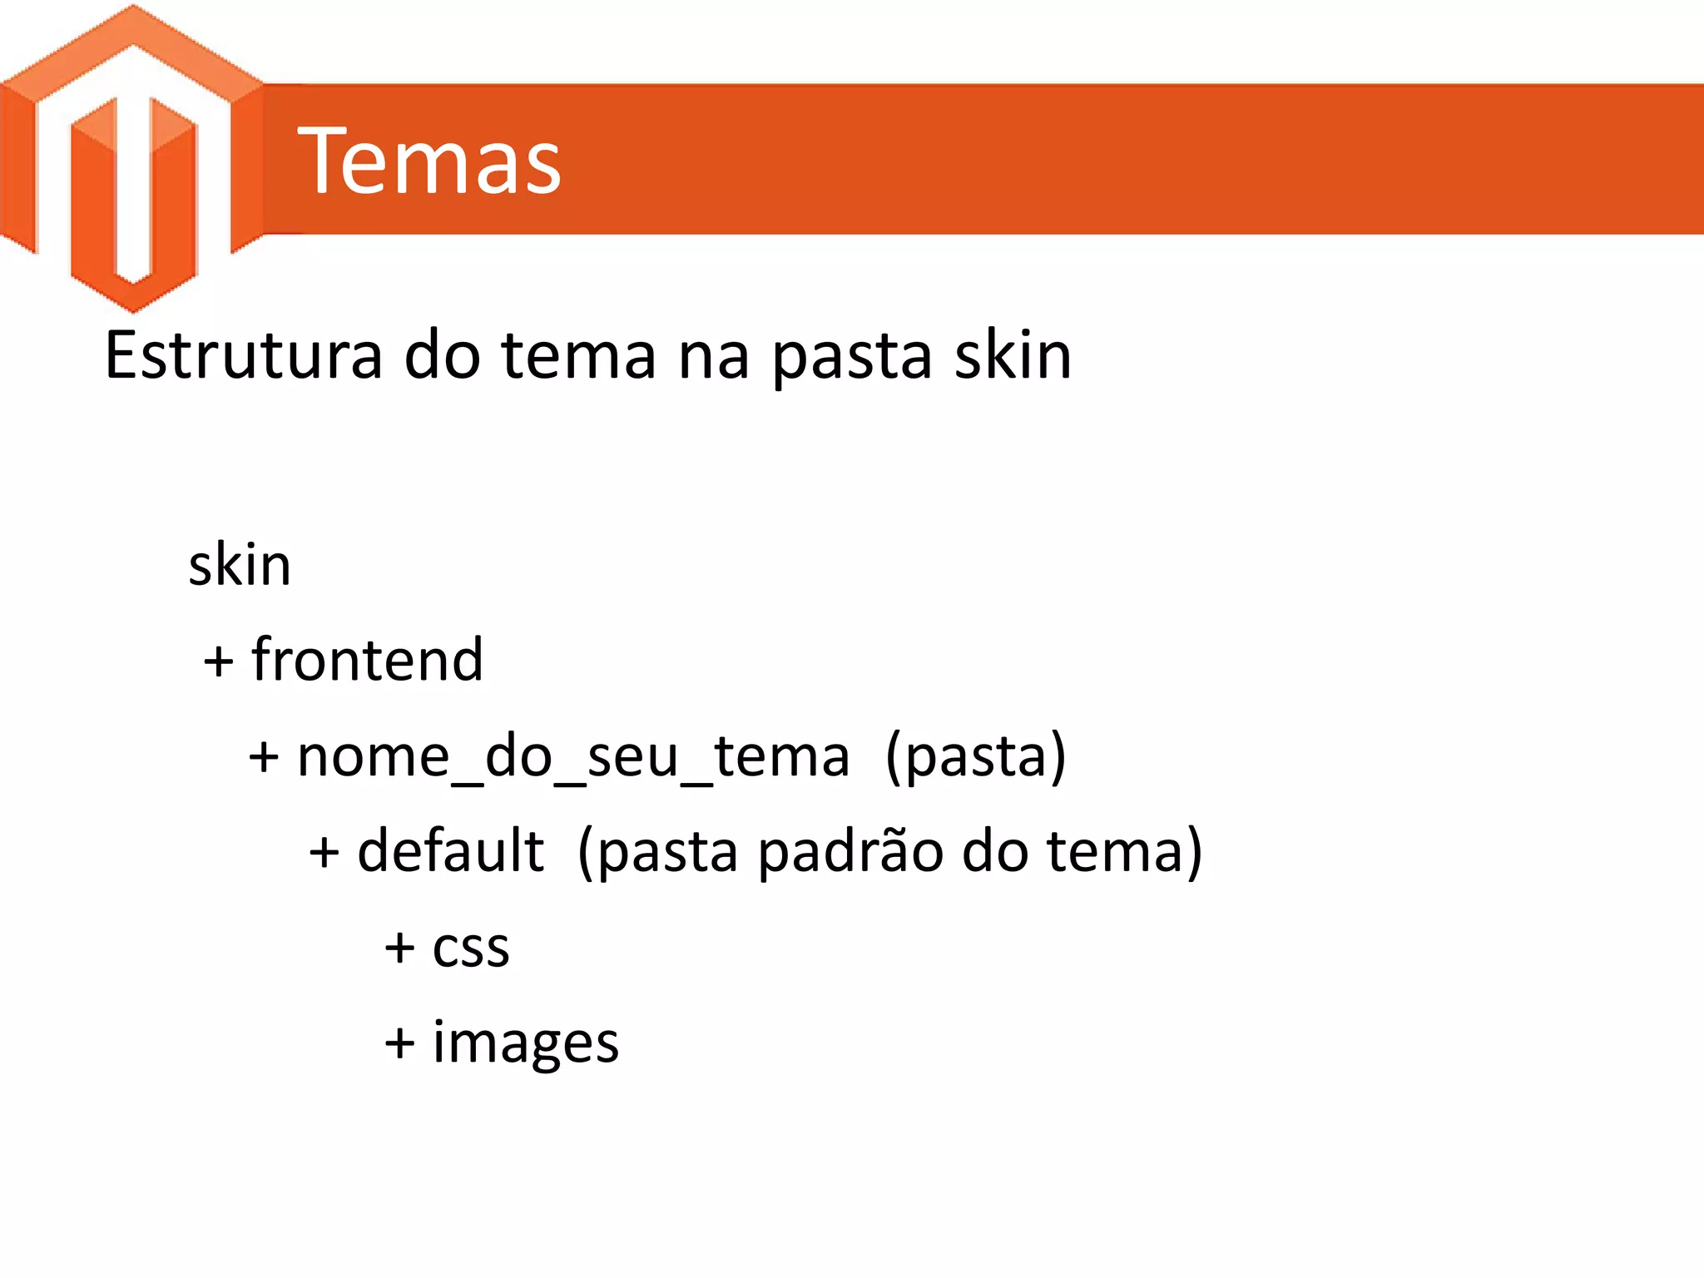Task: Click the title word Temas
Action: click(429, 161)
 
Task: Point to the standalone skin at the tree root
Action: click(240, 566)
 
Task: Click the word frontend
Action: click(367, 660)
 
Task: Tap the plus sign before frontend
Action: click(219, 663)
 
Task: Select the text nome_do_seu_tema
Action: click(573, 757)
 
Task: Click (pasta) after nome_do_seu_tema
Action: click(975, 757)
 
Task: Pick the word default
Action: click(450, 851)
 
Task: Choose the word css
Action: click(471, 948)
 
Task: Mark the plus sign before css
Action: click(399, 949)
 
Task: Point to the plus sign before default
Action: click(324, 854)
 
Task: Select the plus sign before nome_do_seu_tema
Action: click(264, 759)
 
